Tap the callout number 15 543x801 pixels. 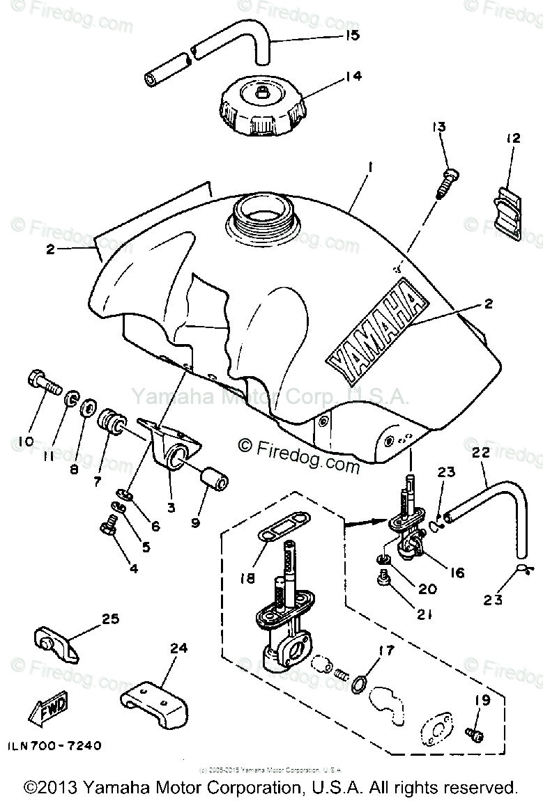352,34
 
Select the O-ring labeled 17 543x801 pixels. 358,684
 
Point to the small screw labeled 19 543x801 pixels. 476,733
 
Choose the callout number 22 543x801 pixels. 481,453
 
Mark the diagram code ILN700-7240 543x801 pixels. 55,746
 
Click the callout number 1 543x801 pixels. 371,168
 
